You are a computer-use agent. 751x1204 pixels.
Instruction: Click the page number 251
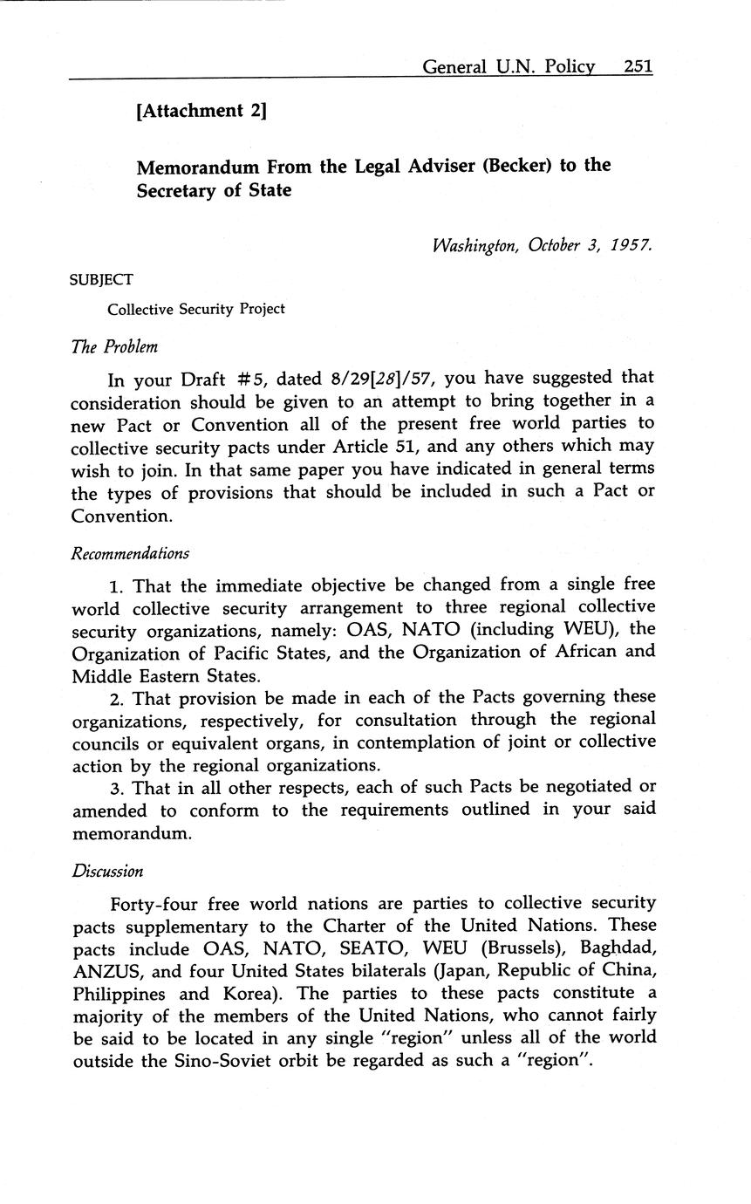tap(638, 66)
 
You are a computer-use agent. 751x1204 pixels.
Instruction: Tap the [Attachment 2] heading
tap(201, 111)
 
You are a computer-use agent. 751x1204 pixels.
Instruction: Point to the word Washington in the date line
tap(475, 245)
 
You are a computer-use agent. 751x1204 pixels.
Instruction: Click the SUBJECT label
tap(102, 280)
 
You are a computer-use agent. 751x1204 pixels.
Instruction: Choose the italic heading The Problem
tap(114, 346)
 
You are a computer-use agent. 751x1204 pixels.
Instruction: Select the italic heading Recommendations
tap(130, 553)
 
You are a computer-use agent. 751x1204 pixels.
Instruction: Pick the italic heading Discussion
tap(107, 871)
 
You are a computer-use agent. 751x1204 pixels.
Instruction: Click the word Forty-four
tap(154, 903)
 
